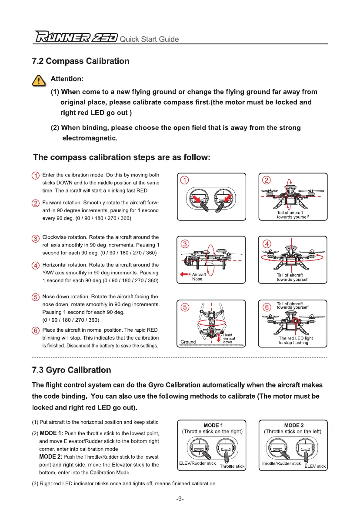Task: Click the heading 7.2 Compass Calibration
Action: point(81,61)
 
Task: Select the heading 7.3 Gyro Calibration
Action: point(72,370)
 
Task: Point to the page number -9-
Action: point(180,499)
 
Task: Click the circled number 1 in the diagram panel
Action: point(185,180)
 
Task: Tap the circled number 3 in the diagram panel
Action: point(185,243)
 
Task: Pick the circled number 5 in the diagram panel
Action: point(185,307)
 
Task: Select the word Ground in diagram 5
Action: point(188,342)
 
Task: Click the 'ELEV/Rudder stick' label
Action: point(197,463)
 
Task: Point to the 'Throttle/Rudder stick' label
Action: point(280,463)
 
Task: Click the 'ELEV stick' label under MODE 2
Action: point(315,467)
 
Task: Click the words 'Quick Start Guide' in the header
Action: point(149,39)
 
